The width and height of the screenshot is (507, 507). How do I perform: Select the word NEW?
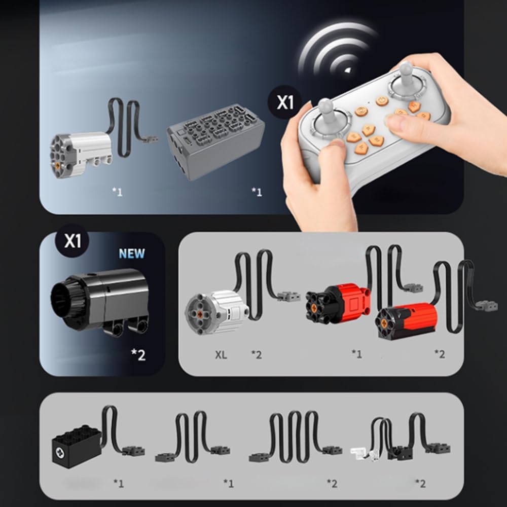[x=132, y=253]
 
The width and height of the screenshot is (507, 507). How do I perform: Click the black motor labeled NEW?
[x=99, y=301]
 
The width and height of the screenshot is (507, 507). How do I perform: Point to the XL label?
[x=221, y=355]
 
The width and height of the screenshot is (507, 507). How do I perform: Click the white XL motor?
[x=216, y=312]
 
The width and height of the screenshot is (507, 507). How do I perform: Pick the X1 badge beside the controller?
[x=285, y=102]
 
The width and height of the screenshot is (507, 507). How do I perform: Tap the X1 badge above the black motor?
[x=73, y=240]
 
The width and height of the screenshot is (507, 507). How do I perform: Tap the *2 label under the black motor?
[x=138, y=355]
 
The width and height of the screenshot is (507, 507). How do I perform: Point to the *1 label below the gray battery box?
[x=257, y=192]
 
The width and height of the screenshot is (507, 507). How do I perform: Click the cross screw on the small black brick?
[x=60, y=452]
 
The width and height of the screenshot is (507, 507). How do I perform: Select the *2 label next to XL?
[x=257, y=355]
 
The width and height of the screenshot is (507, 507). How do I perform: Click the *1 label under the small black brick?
[x=119, y=483]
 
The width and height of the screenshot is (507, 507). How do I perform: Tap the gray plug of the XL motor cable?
[x=289, y=296]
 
